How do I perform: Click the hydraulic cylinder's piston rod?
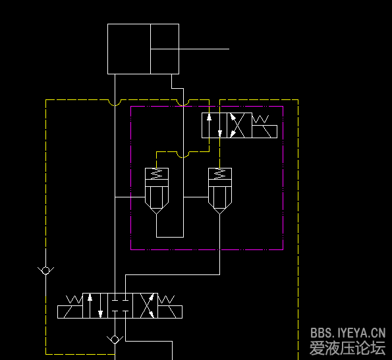click(x=190, y=49)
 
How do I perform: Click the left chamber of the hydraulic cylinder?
click(x=129, y=49)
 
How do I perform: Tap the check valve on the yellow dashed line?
click(x=45, y=270)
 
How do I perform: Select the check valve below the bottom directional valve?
click(x=115, y=340)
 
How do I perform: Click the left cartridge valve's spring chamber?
click(x=157, y=174)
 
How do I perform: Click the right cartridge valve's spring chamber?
click(x=220, y=174)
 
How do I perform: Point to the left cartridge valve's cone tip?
click(x=157, y=214)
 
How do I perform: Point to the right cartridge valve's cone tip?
click(x=220, y=214)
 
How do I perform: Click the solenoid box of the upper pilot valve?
click(x=264, y=132)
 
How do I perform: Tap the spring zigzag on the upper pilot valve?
click(x=260, y=119)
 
